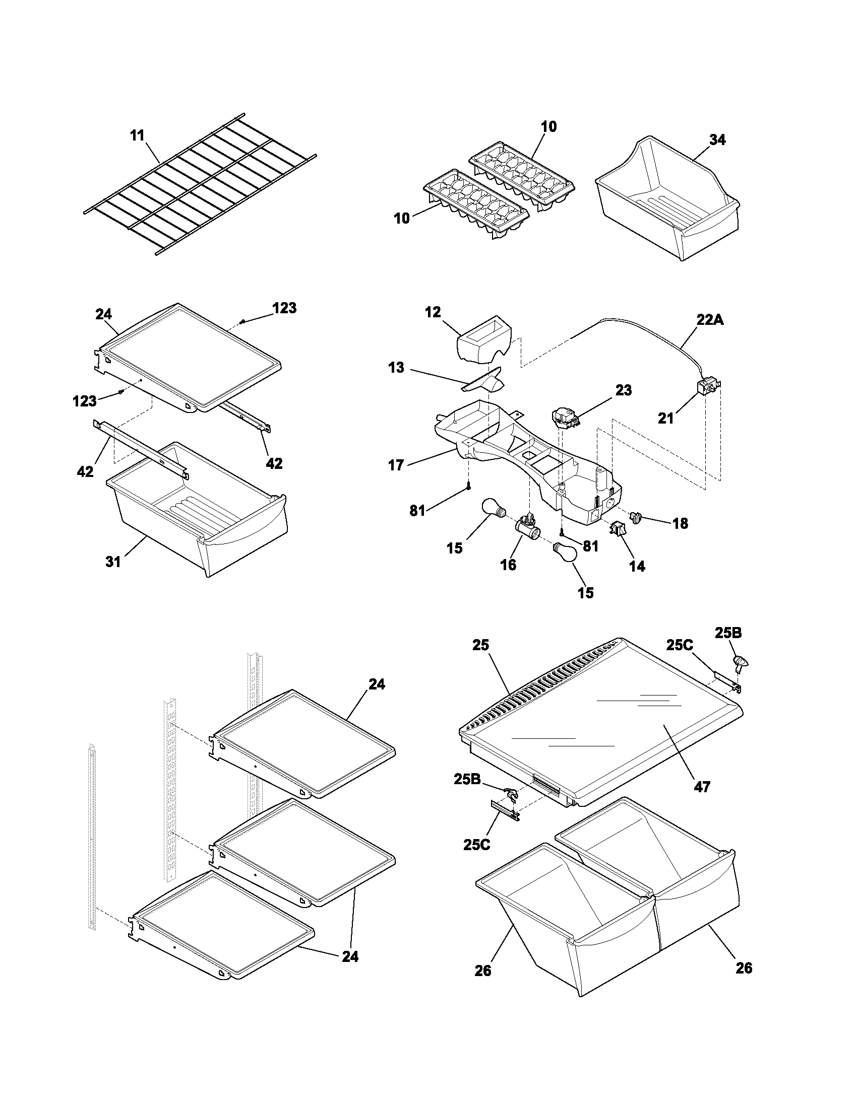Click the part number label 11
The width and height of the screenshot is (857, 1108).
(x=137, y=136)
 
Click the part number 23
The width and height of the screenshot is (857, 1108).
(x=624, y=390)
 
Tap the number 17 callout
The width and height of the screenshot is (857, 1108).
(x=396, y=465)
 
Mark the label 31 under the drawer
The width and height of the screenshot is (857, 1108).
(x=113, y=562)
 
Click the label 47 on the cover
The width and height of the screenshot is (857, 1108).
(x=702, y=786)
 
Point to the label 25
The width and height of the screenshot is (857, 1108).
(x=480, y=645)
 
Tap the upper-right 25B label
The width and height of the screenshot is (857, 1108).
(x=728, y=633)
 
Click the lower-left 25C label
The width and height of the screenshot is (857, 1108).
(x=477, y=845)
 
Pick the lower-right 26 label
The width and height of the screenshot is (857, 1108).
(x=743, y=968)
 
